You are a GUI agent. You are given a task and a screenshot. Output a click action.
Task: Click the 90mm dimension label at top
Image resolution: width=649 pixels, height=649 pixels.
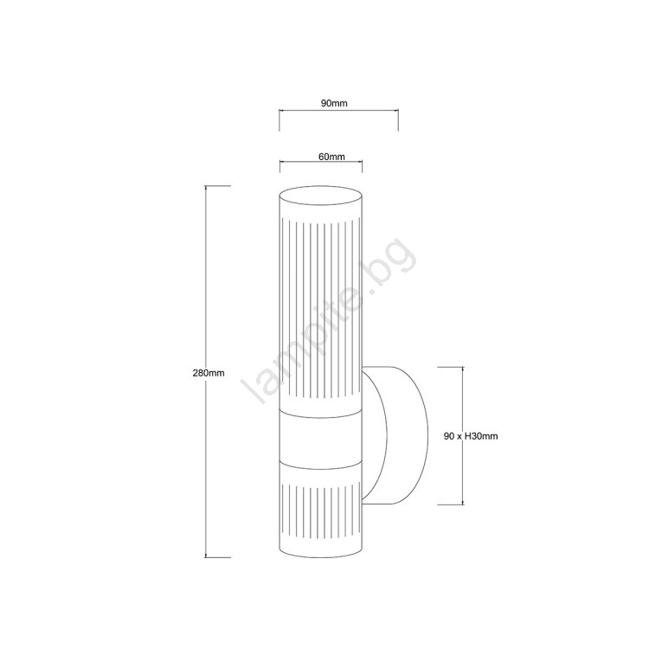(334, 103)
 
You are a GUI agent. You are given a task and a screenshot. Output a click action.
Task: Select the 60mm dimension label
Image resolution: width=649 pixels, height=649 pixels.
(331, 157)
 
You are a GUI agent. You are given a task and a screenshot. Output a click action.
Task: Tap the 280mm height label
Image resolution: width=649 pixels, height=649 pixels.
(209, 373)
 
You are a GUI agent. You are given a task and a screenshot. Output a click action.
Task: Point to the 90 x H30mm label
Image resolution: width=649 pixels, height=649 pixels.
(471, 436)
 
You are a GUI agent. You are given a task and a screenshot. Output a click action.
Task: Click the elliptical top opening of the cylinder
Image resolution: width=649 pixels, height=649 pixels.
(321, 195)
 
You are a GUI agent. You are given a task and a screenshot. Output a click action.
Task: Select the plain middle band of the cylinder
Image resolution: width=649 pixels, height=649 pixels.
(321, 441)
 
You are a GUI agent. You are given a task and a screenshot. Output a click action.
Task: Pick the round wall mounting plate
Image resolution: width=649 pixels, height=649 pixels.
(395, 435)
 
